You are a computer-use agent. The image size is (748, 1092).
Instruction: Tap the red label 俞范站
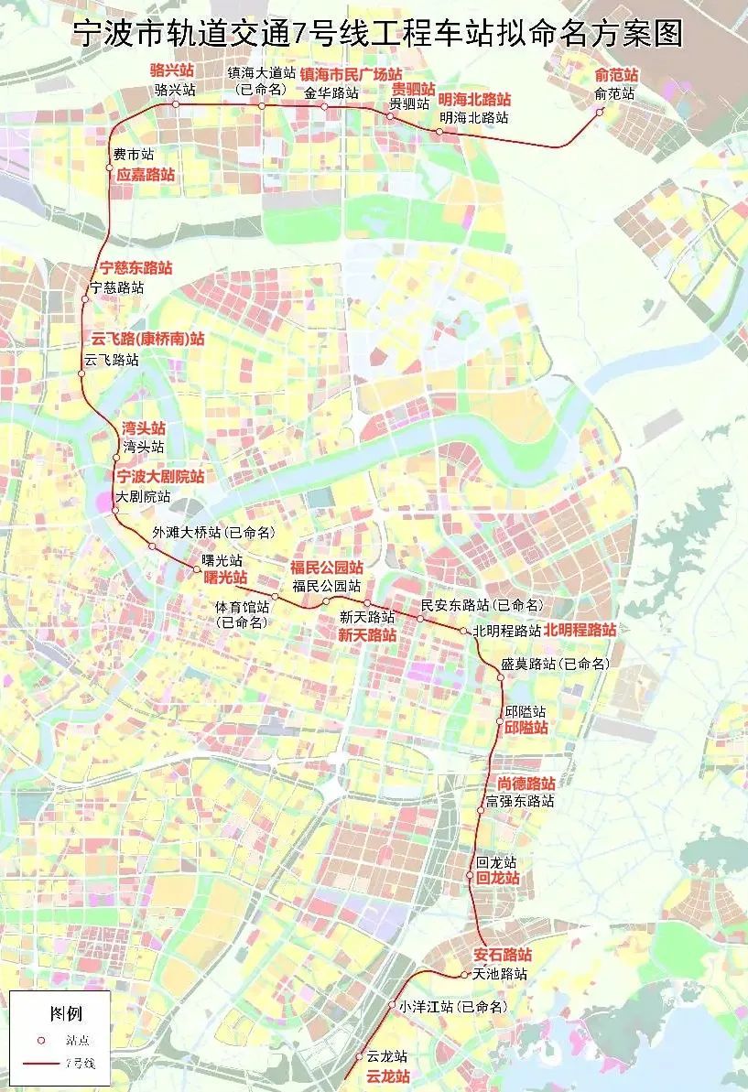click(x=616, y=74)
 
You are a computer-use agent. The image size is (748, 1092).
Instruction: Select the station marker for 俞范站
click(x=600, y=113)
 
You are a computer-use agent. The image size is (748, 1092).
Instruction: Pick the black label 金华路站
click(x=331, y=92)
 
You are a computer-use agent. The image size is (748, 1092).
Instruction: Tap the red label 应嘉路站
click(x=145, y=173)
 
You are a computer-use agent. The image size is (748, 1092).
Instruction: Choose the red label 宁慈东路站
click(x=136, y=268)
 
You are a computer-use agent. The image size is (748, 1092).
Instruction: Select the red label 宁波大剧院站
click(x=159, y=477)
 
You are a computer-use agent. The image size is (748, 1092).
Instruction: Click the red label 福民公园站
click(x=326, y=568)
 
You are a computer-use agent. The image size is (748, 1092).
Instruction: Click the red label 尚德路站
click(x=526, y=784)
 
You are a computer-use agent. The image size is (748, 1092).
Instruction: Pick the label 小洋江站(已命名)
click(x=452, y=1006)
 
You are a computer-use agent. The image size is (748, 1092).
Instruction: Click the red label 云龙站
click(x=387, y=1076)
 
